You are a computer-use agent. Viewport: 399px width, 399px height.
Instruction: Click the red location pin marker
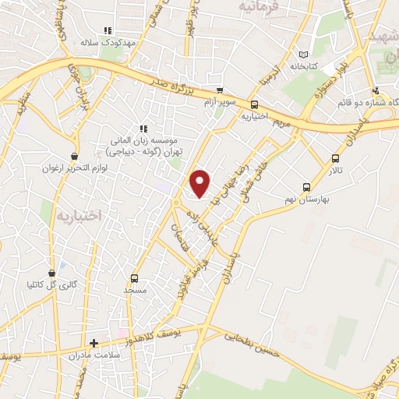coord(201,182)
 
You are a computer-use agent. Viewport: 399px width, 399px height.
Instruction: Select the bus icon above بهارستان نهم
coord(306,187)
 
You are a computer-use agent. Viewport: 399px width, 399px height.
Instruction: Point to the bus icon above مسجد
coord(135,278)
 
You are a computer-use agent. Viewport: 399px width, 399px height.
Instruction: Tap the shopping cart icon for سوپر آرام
coord(220,90)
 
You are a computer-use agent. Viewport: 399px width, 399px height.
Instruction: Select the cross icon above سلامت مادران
coord(94,343)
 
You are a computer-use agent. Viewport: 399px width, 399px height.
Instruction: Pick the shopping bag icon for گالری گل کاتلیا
coord(52,274)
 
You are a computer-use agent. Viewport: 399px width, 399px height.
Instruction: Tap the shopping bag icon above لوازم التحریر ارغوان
coord(75,157)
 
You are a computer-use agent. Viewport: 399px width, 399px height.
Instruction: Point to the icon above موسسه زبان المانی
coord(143,129)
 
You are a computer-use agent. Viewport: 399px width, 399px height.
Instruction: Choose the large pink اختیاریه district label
coord(77,214)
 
